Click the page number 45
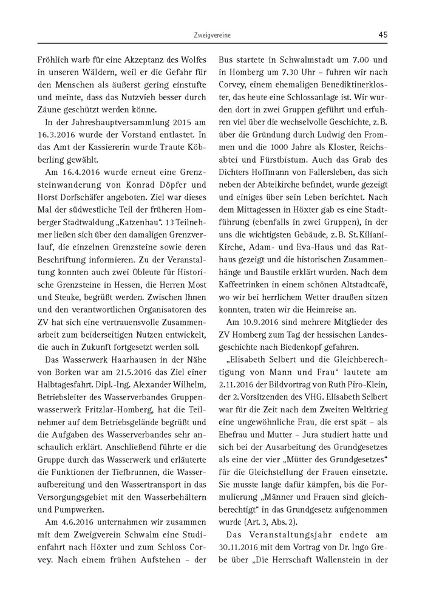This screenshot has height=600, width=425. (x=382, y=35)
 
